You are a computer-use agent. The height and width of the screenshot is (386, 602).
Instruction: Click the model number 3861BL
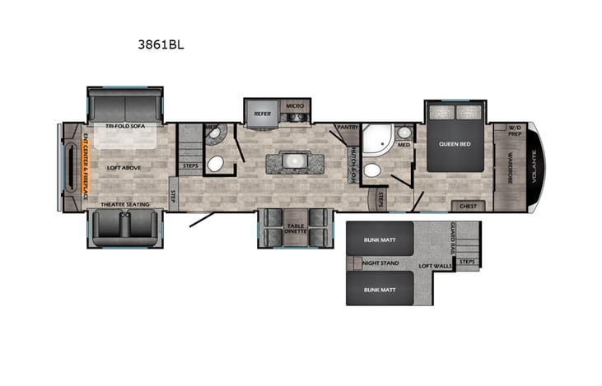pyautogui.click(x=161, y=45)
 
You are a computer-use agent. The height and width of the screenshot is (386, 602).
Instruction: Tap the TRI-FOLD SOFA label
pyautogui.click(x=126, y=127)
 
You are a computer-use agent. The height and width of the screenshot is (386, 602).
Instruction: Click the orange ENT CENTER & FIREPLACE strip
pyautogui.click(x=85, y=165)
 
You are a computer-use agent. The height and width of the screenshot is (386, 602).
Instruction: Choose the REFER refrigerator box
pyautogui.click(x=263, y=114)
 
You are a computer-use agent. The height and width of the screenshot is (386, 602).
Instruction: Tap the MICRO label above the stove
pyautogui.click(x=295, y=106)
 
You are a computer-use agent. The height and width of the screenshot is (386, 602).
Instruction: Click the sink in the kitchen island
pyautogui.click(x=294, y=161)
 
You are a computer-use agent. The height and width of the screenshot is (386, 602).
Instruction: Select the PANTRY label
pyautogui.click(x=346, y=128)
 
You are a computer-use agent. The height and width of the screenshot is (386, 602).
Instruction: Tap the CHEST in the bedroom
pyautogui.click(x=468, y=206)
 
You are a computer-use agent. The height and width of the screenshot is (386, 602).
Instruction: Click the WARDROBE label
pyautogui.click(x=511, y=169)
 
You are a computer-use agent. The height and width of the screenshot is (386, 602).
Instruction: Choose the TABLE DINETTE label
pyautogui.click(x=296, y=228)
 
